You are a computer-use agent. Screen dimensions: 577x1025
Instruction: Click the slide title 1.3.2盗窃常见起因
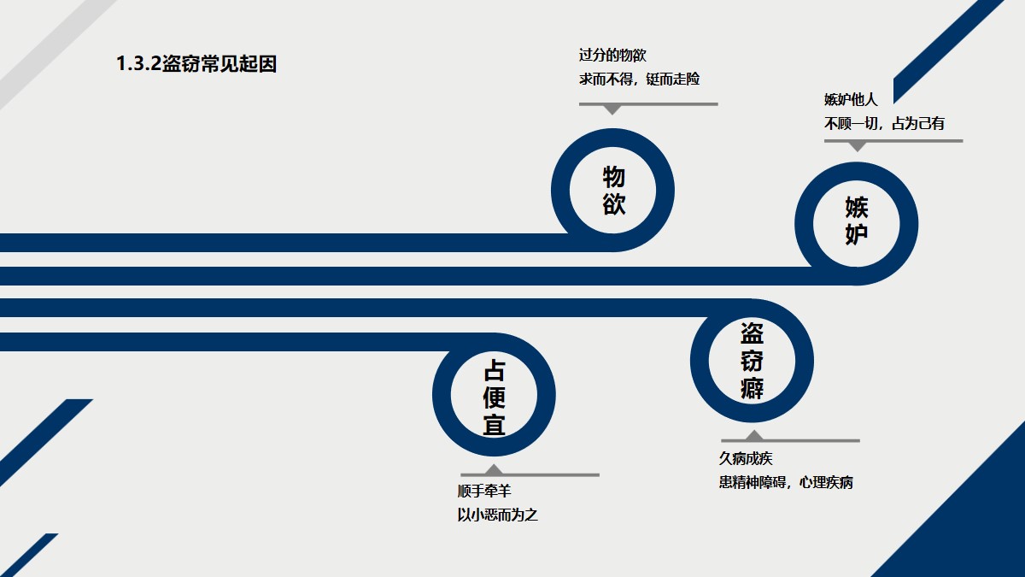point(196,64)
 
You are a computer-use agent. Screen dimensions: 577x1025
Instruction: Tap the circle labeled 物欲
point(612,190)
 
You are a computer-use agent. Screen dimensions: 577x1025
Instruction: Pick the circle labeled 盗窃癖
point(752,361)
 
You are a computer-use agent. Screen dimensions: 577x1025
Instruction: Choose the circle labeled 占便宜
point(494,397)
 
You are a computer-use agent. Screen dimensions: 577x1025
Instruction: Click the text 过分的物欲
point(612,56)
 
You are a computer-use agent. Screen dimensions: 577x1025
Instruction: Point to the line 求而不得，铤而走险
point(639,79)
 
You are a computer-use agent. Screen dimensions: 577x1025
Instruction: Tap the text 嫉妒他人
point(850,100)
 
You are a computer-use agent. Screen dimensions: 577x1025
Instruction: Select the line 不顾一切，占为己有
point(884,123)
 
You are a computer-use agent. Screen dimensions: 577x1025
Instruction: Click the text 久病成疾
point(746,459)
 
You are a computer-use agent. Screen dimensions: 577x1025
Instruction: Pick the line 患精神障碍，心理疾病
point(786,482)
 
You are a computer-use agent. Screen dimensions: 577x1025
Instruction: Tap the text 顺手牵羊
point(484,492)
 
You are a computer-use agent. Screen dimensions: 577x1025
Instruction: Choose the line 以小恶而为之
point(497,515)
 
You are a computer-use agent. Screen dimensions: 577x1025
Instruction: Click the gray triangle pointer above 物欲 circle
point(612,109)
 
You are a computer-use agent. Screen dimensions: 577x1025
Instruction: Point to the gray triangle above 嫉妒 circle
point(857,146)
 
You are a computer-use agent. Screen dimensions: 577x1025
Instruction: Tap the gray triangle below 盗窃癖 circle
point(754,436)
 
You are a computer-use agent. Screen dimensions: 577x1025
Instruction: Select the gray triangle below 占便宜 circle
point(494,469)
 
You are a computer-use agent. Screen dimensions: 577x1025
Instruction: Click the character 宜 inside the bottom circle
point(494,424)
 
